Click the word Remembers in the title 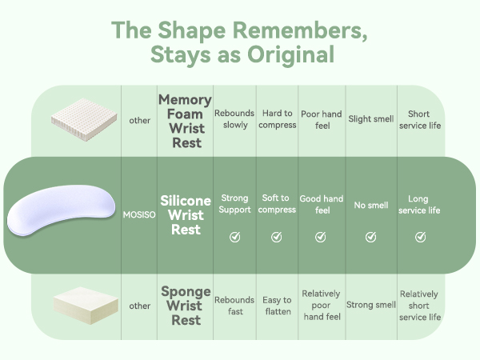click(x=300, y=30)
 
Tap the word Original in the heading click(x=290, y=54)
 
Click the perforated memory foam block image click(x=84, y=119)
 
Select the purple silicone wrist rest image click(x=62, y=210)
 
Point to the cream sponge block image click(x=86, y=305)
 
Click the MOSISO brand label click(x=139, y=214)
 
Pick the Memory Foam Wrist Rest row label click(x=186, y=121)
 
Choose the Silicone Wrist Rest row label click(x=186, y=215)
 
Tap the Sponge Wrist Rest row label click(x=186, y=306)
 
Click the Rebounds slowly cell click(x=234, y=118)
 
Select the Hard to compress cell click(x=278, y=118)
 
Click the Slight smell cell click(x=371, y=118)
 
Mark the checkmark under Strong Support click(x=234, y=237)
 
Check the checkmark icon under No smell click(x=370, y=237)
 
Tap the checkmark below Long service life click(x=420, y=237)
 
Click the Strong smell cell click(x=371, y=305)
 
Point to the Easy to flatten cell click(x=278, y=306)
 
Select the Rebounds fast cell click(x=234, y=306)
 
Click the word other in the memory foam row click(x=139, y=120)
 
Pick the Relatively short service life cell click(x=420, y=306)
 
